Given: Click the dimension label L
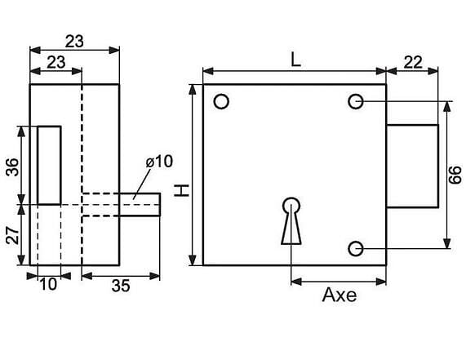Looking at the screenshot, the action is coord(295,60).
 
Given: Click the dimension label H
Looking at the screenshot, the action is coord(182,190).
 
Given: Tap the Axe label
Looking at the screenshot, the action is coord(340,296).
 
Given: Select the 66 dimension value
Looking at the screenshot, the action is coord(455,175).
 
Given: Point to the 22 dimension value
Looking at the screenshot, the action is coord(413,62).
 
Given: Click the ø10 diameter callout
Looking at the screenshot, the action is coord(159,162).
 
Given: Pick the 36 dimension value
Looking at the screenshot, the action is coord(13,167).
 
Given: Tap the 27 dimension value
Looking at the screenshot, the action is coord(13,235).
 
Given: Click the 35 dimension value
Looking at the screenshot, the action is coord(121,286).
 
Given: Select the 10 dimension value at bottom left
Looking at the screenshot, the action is coord(48,285).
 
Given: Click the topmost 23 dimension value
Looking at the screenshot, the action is coord(74,42).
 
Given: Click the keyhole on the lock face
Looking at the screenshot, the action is coord(291,220).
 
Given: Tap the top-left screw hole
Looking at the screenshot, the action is coord(221,102).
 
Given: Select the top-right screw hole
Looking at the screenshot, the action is coord(356,102).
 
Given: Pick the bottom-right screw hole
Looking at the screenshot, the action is coord(356,248).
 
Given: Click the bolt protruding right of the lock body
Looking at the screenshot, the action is coord(412,166).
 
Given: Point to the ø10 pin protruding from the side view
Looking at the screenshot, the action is coord(140,205).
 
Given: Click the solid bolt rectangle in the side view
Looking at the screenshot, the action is coord(49,166).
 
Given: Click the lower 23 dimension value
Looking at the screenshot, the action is coord(56,62).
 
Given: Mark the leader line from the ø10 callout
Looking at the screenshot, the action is coord(142,184).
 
